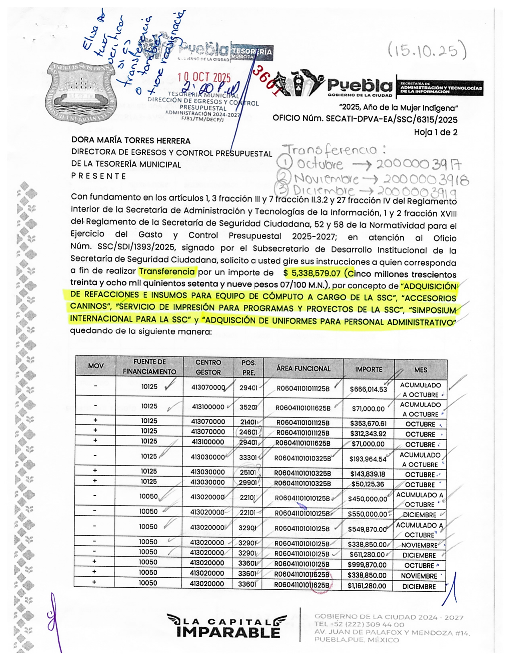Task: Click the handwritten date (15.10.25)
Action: click(427, 51)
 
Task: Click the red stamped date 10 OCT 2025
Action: click(204, 77)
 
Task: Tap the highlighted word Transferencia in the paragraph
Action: click(167, 272)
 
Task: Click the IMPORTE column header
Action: click(368, 369)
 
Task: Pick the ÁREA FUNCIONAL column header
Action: click(303, 368)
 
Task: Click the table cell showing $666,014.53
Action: click(368, 389)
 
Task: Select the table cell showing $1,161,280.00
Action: click(367, 586)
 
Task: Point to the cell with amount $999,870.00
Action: click(367, 565)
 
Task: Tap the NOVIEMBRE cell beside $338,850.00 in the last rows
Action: click(419, 576)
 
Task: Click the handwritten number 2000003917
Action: click(418, 164)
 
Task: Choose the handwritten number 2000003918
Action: click(426, 179)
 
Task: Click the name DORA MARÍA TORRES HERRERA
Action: click(131, 141)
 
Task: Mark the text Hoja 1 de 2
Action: click(436, 132)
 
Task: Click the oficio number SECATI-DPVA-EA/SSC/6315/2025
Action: click(392, 119)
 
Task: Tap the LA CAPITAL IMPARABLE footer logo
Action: click(227, 626)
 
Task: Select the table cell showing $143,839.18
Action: click(368, 474)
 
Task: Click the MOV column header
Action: click(96, 366)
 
